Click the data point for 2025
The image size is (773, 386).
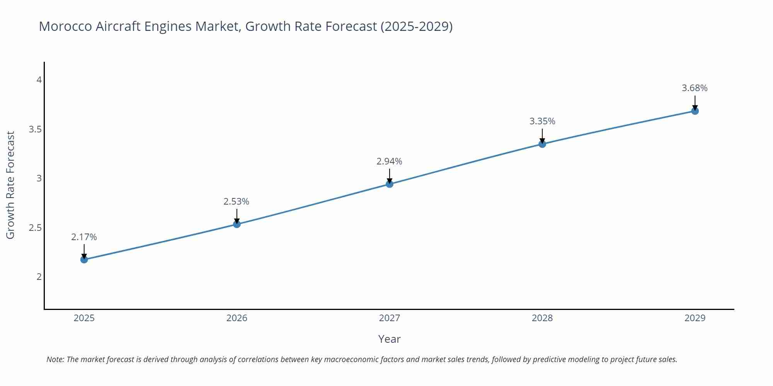[x=84, y=259]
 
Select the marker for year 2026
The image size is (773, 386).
[x=237, y=224]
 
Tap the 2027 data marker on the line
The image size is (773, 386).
[x=390, y=184]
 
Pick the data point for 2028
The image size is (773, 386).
[x=542, y=144]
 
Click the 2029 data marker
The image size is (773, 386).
[x=695, y=111]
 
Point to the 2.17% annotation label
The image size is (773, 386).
[x=84, y=237]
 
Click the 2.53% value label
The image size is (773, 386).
[x=236, y=201]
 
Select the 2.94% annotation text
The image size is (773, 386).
[x=389, y=161]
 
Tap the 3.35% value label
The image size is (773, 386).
[x=542, y=121]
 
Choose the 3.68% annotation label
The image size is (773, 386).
[x=695, y=88]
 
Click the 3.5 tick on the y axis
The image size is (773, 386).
[x=35, y=129]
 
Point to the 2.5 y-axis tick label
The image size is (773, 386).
[x=35, y=228]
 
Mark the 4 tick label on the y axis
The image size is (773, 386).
[x=39, y=80]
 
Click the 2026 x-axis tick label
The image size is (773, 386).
[x=237, y=318]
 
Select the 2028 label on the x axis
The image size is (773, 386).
[x=542, y=318]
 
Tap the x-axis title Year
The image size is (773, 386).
[x=389, y=339]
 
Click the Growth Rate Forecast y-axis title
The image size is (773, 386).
[x=10, y=185]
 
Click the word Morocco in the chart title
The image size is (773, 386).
[x=65, y=26]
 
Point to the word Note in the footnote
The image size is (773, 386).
[x=55, y=359]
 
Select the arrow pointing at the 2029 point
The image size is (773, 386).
[x=695, y=103]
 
